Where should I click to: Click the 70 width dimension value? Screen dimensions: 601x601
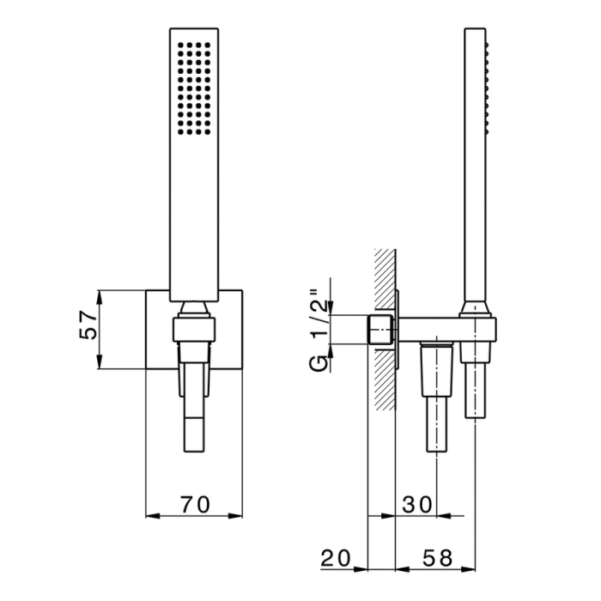[197, 505]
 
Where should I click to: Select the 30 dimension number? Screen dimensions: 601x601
[416, 505]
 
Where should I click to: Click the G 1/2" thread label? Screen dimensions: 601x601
[319, 331]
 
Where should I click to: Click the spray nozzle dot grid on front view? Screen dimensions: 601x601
[194, 88]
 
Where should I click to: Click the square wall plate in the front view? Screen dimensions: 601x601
[160, 331]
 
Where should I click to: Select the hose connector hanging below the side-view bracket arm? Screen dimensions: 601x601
[437, 395]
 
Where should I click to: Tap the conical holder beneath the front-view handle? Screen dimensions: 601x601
[196, 309]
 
